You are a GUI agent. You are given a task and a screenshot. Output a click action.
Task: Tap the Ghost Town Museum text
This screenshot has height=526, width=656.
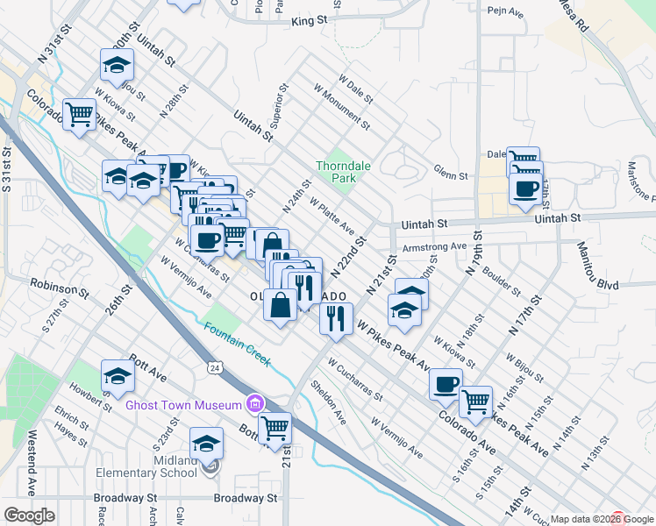coord(183,404)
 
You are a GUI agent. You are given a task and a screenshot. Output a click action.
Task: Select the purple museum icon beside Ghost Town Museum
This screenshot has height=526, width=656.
coord(254,403)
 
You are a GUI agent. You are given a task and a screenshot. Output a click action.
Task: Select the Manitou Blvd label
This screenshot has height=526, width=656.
coord(597,285)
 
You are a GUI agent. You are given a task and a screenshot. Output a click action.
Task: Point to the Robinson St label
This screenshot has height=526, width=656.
coord(55,285)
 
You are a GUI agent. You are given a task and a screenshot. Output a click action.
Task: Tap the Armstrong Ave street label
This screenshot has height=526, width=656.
coord(433,247)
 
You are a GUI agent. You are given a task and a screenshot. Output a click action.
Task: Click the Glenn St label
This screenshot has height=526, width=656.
coord(451,174)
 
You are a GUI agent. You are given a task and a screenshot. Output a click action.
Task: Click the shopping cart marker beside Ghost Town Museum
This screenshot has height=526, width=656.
coord(275,427)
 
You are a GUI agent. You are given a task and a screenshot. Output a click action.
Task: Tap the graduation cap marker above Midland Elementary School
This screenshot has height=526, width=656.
coord(207,443)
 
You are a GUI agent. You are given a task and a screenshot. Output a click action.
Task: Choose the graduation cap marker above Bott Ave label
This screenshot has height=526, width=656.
coord(118,374)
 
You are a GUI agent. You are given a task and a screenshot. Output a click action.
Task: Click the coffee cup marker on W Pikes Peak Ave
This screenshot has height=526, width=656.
coord(446,383)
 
